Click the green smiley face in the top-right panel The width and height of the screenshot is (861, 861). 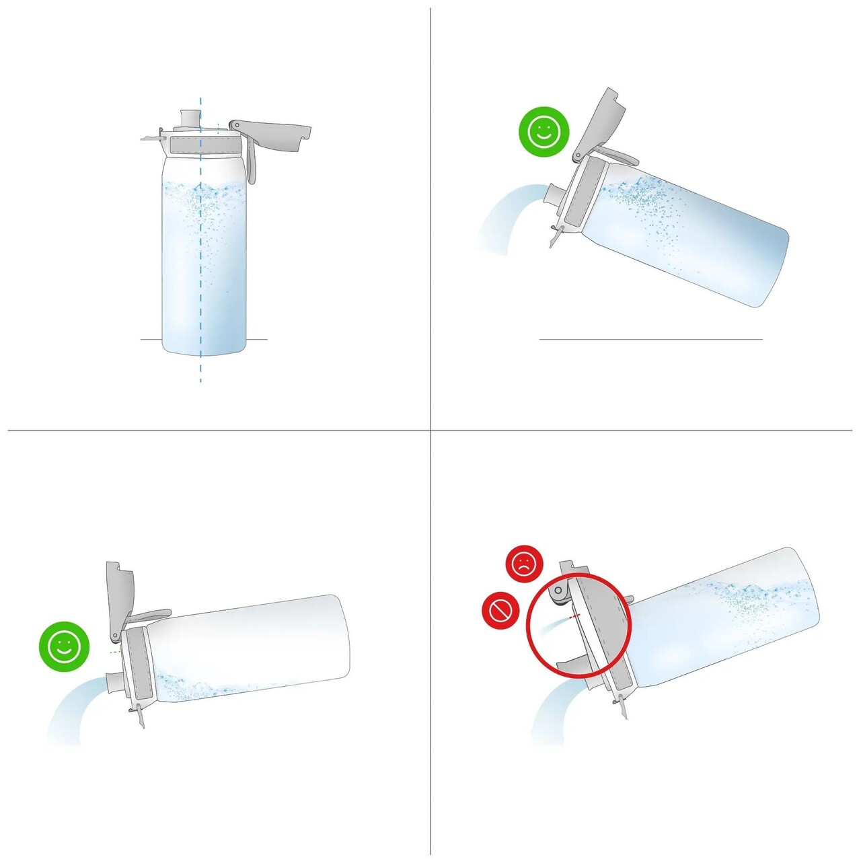pyautogui.click(x=544, y=132)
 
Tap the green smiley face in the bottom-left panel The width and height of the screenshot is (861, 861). pyautogui.click(x=64, y=646)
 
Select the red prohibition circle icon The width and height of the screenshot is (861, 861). pyautogui.click(x=500, y=611)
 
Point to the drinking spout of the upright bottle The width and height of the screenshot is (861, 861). pyautogui.click(x=190, y=117)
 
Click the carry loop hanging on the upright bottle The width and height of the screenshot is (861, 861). pyautogui.click(x=250, y=161)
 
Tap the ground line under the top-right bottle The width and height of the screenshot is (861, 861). pyautogui.click(x=650, y=339)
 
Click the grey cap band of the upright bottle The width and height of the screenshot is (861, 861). pyautogui.click(x=204, y=144)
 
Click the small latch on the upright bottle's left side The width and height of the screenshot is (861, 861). pyautogui.click(x=152, y=138)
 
